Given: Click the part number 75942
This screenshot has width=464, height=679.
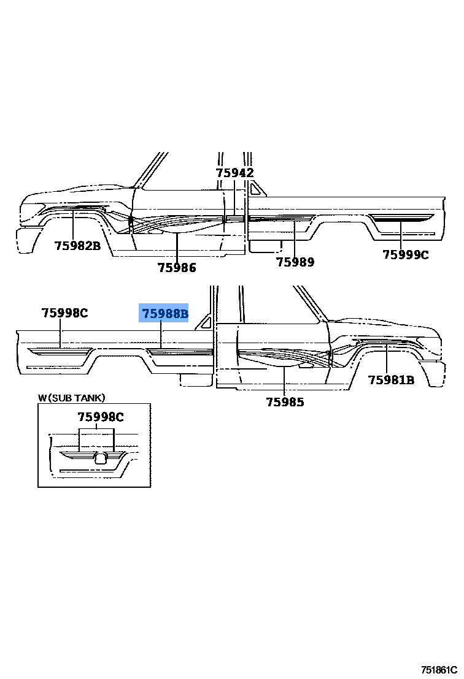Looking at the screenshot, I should click(234, 173).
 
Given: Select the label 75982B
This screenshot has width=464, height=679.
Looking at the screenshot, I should click(77, 246).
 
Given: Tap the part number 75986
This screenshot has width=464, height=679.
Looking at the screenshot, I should click(177, 267).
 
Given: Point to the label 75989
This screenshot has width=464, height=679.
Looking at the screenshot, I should click(295, 262).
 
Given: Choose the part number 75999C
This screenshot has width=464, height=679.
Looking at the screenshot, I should click(406, 255).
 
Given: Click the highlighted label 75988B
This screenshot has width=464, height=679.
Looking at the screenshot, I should click(164, 314).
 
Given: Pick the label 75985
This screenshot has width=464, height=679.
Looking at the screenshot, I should click(285, 403).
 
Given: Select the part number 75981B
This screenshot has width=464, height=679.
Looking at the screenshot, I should click(391, 380).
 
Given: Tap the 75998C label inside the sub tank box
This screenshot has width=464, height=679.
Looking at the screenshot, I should click(100, 417).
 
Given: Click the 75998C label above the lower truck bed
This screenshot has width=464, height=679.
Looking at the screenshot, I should click(64, 313).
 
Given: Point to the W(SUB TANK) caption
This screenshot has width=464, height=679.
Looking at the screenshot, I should click(72, 398).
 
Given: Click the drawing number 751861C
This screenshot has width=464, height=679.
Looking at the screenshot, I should click(439, 670).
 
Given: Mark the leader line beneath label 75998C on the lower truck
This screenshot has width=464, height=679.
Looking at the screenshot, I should click(60, 335).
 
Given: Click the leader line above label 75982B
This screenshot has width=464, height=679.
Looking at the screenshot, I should click(73, 224).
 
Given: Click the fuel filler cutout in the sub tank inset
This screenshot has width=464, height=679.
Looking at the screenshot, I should click(103, 457).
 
